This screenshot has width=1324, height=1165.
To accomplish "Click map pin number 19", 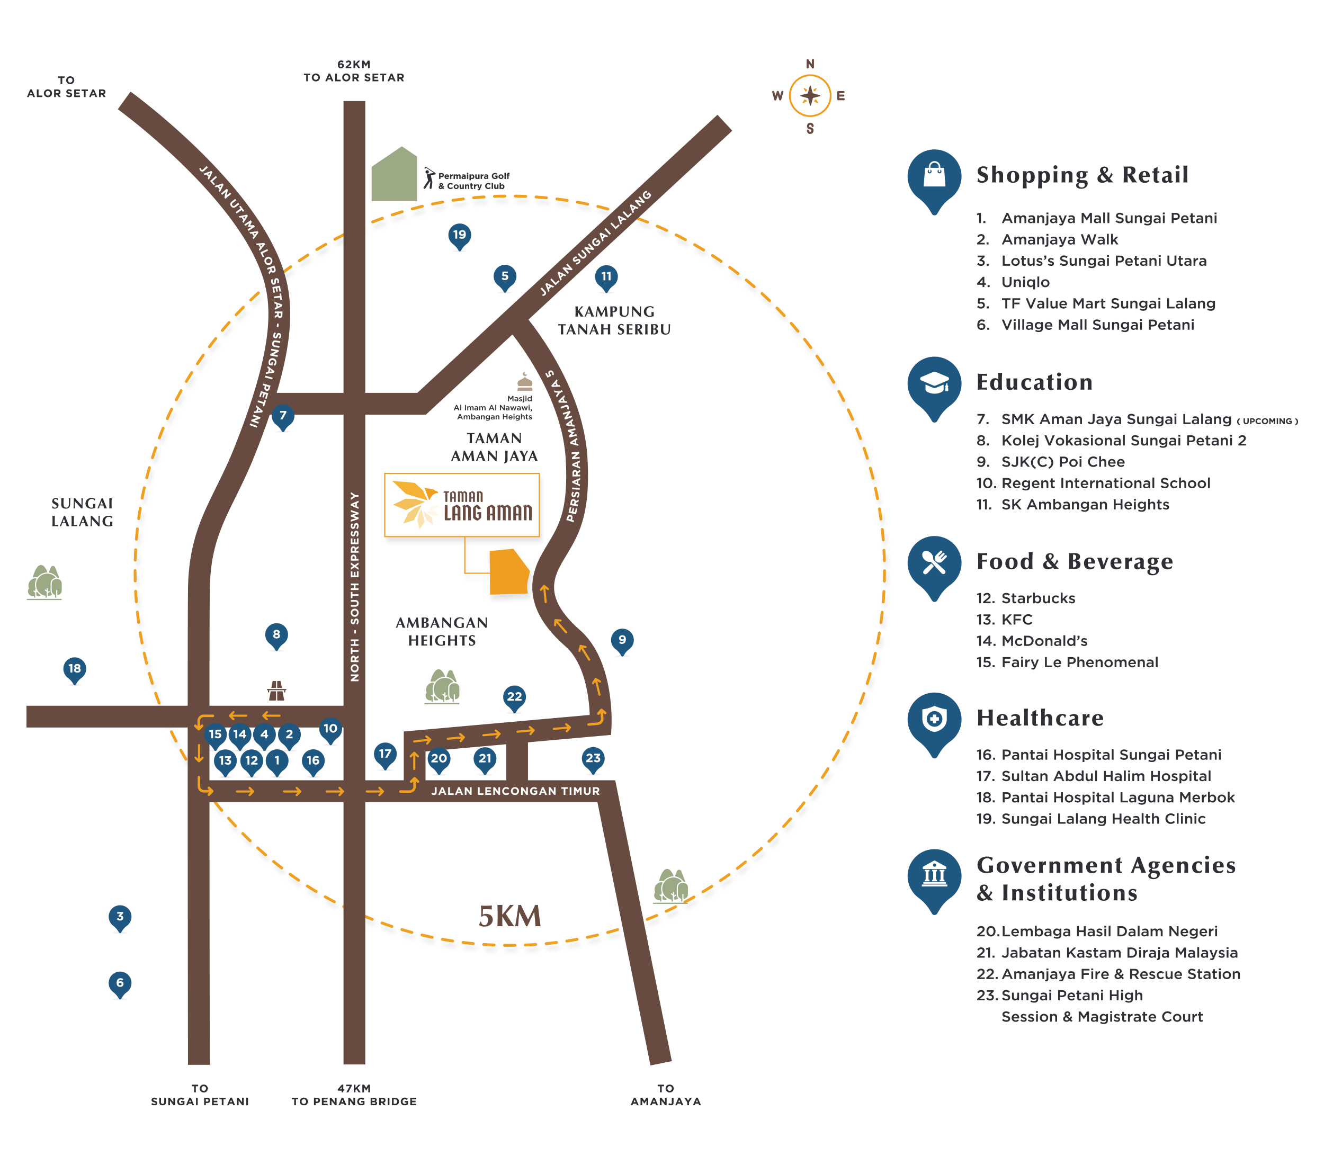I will point(459,235).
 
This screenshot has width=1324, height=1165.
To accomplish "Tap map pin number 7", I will point(282,416).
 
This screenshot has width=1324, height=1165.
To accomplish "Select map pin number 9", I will point(622,640).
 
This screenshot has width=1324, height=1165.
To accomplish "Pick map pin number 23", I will point(593,758).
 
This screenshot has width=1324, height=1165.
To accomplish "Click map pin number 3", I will point(120,916).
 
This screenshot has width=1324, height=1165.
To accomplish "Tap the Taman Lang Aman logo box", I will point(462,505).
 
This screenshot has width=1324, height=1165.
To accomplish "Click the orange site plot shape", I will point(508,572).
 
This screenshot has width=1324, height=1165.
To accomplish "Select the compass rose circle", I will point(810,96).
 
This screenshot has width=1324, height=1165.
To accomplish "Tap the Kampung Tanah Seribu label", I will point(614,320).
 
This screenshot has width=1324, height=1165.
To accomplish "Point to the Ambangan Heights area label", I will point(442,631).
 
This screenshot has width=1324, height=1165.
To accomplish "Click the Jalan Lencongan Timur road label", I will point(516,791).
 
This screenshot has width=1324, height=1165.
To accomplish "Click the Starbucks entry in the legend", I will point(1037,598).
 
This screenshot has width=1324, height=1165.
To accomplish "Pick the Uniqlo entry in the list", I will point(1025,282).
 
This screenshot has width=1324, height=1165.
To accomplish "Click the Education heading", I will point(1034,382).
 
